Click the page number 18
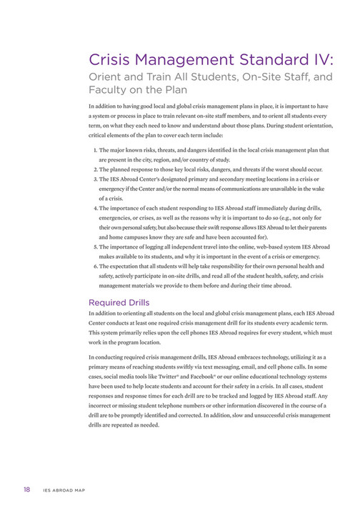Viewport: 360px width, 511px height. [x=26, y=489]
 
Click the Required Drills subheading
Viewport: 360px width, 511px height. [x=118, y=302]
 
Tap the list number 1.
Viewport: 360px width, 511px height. [x=95, y=151]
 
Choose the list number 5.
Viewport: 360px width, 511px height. [x=95, y=246]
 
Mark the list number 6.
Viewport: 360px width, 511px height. [x=95, y=265]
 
